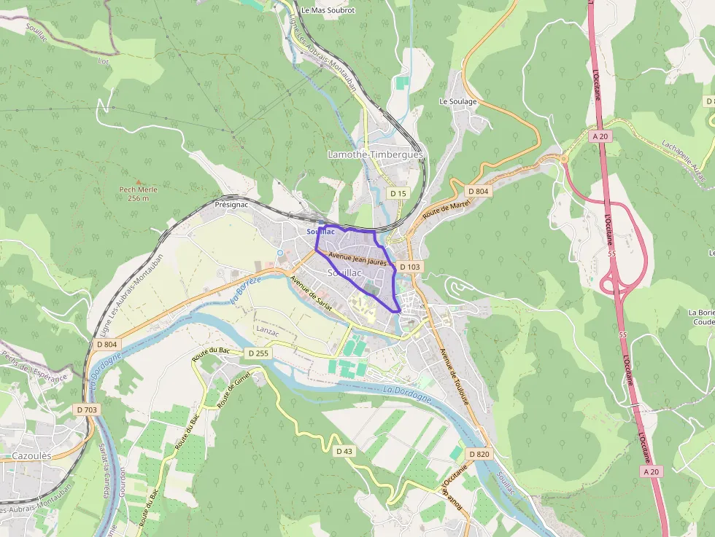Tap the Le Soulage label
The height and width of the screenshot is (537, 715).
(x=458, y=101)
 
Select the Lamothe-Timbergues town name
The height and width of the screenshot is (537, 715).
(x=375, y=155)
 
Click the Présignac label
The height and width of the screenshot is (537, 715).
(x=231, y=205)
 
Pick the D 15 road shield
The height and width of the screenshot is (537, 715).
(x=397, y=193)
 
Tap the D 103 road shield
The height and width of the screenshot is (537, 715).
(x=410, y=267)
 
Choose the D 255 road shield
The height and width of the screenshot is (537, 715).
(x=258, y=353)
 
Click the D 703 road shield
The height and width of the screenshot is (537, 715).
(x=86, y=409)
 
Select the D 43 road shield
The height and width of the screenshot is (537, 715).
(x=344, y=452)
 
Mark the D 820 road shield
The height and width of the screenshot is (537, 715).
(x=479, y=455)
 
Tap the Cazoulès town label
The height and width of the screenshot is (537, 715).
(x=31, y=455)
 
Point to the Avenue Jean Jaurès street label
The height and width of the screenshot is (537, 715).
(x=357, y=258)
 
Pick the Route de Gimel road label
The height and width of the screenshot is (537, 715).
(x=233, y=389)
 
